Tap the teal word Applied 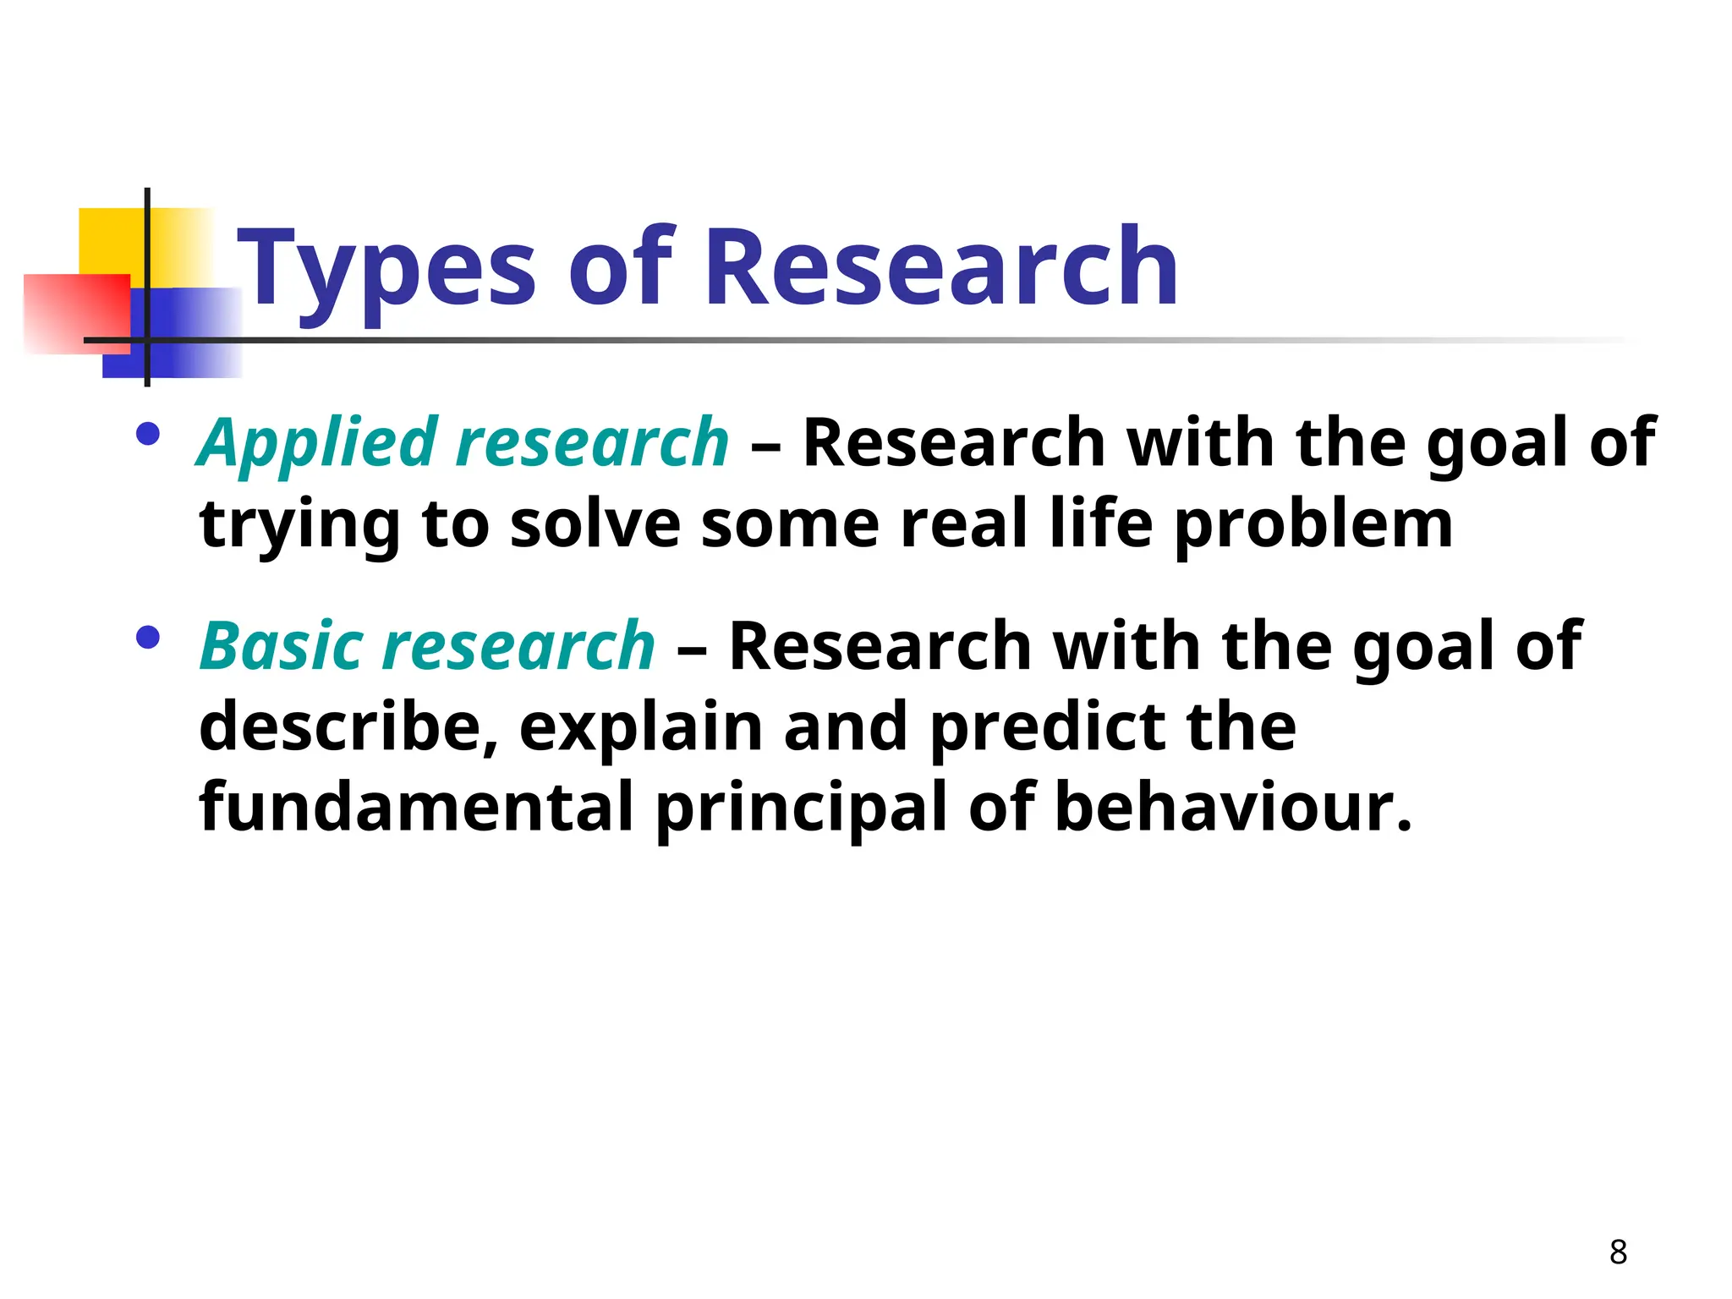[317, 444]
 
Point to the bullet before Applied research [147, 434]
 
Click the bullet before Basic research [147, 637]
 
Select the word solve [595, 524]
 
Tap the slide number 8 [1618, 1252]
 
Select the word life [1100, 524]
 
